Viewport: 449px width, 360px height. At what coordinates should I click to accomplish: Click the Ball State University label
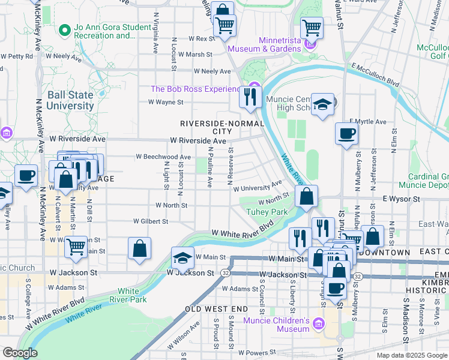70,101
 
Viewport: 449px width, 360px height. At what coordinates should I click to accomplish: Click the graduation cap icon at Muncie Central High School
322,105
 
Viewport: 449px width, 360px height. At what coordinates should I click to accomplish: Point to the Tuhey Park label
267,212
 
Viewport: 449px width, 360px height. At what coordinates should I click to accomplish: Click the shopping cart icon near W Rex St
224,26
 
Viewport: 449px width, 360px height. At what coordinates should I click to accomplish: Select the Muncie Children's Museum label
276,324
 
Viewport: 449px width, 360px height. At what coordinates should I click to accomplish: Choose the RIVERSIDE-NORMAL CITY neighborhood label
222,127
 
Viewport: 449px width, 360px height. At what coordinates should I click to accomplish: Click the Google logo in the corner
20,353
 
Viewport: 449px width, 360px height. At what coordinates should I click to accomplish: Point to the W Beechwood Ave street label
163,157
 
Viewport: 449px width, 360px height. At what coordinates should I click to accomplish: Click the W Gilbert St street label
149,221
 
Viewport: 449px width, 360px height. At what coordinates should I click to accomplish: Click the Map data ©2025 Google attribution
411,355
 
